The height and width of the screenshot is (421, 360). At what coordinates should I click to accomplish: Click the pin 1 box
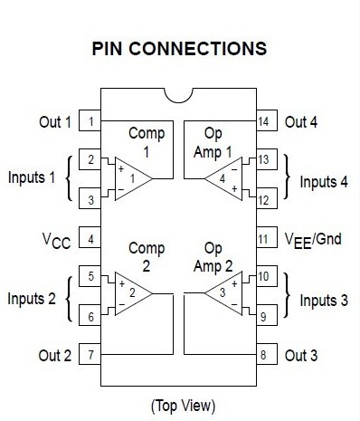[x=90, y=121]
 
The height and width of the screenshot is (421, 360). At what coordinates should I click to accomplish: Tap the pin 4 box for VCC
[x=90, y=240]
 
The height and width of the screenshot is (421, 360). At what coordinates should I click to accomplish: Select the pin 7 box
[x=90, y=356]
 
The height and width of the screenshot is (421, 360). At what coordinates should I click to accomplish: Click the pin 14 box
[x=264, y=121]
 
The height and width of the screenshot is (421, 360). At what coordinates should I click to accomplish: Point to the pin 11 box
[x=264, y=240]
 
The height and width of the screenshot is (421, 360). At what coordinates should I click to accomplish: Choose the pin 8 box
[x=264, y=356]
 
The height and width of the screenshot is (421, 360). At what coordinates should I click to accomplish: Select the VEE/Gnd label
[x=313, y=241]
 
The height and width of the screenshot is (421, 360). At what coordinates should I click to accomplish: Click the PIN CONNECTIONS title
[x=179, y=49]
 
